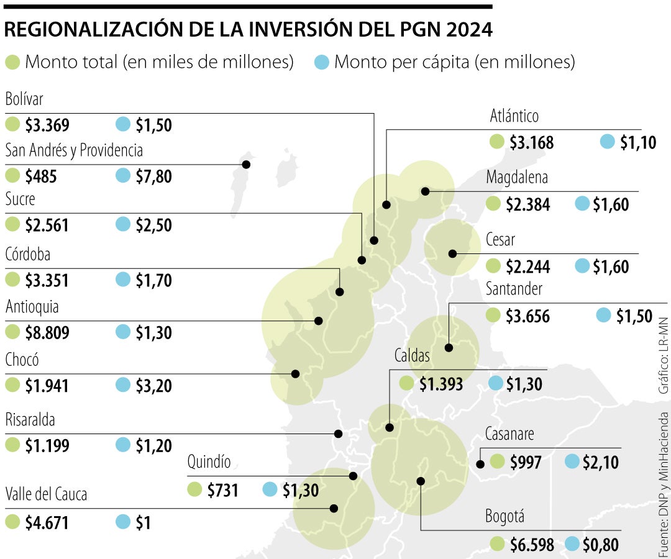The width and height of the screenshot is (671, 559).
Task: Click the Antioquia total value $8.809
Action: [47, 333]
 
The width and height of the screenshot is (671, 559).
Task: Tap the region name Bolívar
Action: [24, 99]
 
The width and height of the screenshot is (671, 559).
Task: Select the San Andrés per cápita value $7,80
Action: [153, 177]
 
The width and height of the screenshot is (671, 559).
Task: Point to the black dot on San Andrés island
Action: [246, 165]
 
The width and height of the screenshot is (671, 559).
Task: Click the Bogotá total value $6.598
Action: [532, 545]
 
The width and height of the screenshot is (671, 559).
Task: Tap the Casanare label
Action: [509, 434]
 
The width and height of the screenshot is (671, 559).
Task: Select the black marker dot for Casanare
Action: [480, 463]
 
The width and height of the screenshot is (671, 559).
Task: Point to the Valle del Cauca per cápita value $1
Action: [143, 523]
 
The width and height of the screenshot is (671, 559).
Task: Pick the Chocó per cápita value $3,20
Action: [153, 386]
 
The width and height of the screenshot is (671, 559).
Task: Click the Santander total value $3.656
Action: [527, 317]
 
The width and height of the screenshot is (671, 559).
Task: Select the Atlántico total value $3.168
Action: [531, 143]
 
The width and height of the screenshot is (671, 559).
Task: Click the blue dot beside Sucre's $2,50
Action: [123, 224]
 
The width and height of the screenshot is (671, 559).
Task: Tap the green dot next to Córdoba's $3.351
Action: [12, 280]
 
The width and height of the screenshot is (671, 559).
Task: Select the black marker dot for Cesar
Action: [452, 253]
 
